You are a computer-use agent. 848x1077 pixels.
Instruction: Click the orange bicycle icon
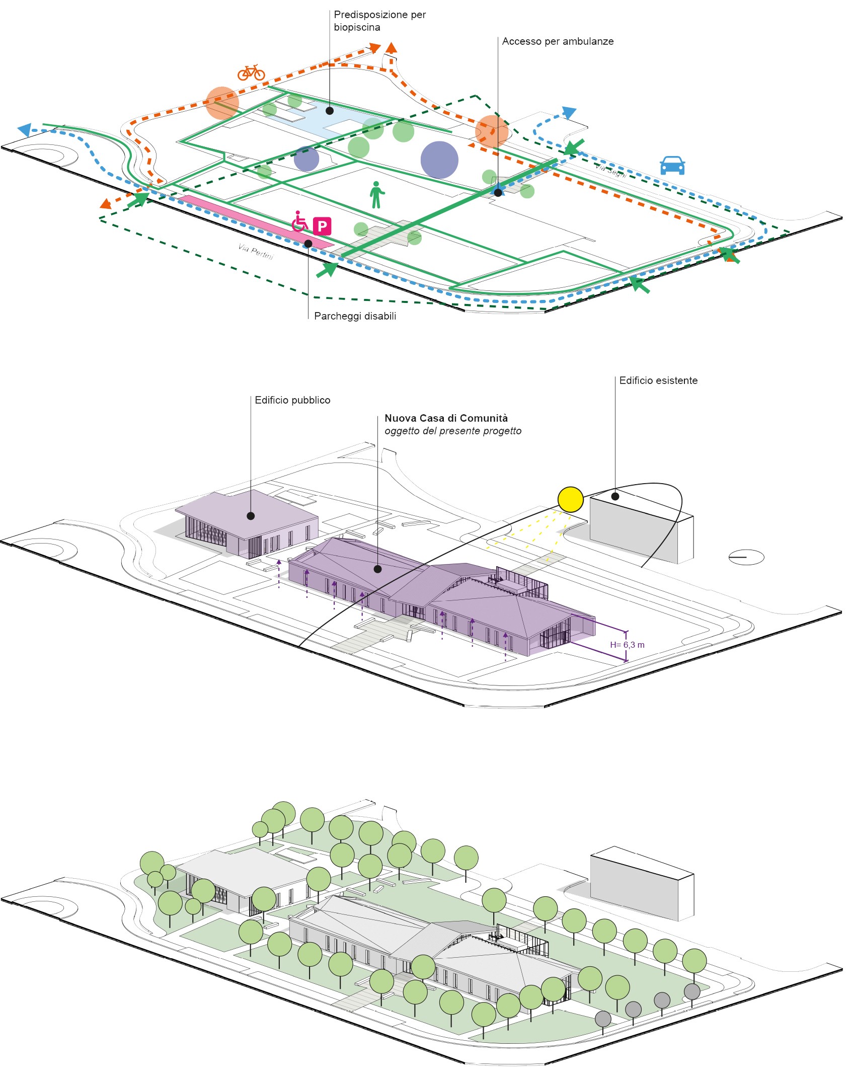251,72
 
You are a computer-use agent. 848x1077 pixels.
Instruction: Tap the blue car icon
672,165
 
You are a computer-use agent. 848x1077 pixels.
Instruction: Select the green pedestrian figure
376,195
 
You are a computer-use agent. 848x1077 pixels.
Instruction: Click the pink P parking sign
322,226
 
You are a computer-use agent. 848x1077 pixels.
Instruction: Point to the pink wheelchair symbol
299,221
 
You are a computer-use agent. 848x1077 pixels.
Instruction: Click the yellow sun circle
570,499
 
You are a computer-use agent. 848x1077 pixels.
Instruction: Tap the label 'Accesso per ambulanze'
558,41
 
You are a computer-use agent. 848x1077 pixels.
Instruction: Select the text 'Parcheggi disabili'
355,316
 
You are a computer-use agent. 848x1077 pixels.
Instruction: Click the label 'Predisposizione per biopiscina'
379,21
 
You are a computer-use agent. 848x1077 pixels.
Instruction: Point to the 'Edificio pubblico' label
292,400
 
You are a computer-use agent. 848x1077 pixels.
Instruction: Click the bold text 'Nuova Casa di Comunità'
446,418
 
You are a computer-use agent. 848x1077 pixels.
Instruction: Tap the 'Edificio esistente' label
658,380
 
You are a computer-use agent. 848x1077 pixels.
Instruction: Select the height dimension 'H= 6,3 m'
627,645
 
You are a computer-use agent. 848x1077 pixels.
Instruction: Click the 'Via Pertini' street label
256,251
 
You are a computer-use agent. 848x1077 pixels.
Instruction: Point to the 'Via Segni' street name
611,170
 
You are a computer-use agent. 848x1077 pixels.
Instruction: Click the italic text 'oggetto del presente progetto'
453,431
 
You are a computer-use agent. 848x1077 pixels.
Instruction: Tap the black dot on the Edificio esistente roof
615,496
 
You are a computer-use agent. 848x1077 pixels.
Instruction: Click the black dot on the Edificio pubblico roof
251,516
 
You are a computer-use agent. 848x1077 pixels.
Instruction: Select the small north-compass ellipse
746,557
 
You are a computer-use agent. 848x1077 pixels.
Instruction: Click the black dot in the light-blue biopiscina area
330,111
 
